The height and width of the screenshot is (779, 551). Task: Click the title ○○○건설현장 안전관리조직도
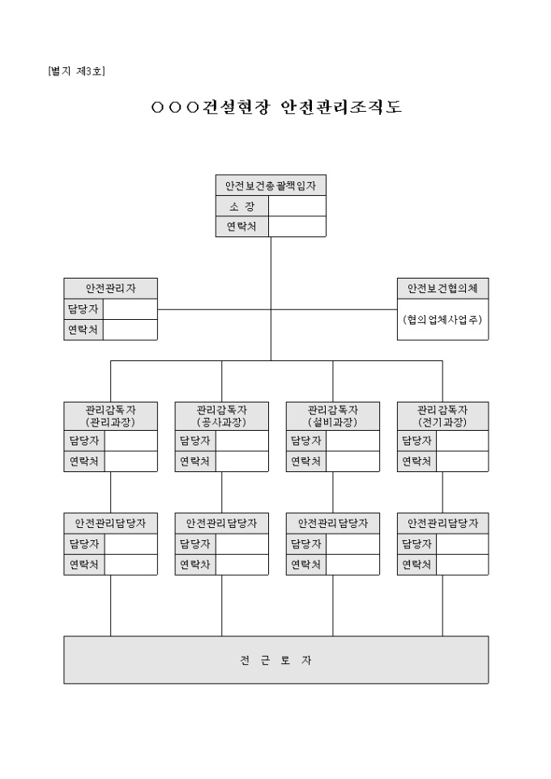click(275, 108)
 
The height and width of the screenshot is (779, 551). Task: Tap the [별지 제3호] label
click(76, 70)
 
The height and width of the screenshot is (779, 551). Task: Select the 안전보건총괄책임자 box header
click(271, 185)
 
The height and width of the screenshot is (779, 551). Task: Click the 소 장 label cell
click(241, 206)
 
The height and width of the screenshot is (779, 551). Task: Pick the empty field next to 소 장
click(297, 206)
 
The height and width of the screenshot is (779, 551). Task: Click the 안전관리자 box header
click(110, 288)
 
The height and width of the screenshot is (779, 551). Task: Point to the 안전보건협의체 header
click(442, 288)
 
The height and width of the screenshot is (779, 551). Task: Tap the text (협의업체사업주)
click(442, 319)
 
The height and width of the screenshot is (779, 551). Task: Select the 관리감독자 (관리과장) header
click(110, 415)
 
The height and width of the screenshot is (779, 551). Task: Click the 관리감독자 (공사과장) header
click(221, 415)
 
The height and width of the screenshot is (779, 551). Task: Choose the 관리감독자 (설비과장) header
click(332, 415)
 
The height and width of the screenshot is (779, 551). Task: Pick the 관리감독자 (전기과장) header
click(442, 415)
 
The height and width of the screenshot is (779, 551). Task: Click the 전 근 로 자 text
click(275, 660)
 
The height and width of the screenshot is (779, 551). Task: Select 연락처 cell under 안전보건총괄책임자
click(241, 227)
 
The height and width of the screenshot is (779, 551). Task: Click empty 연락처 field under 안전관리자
click(130, 330)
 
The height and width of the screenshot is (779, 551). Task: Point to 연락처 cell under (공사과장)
click(195, 461)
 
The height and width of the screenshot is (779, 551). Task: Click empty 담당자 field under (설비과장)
click(352, 441)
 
